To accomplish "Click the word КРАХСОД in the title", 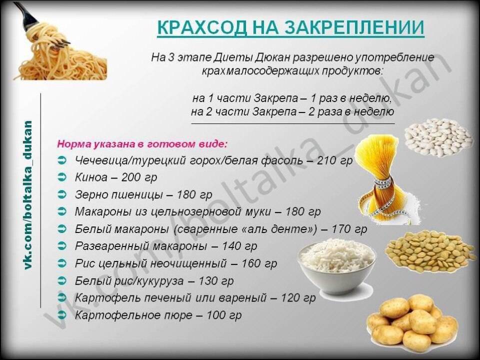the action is point(202,27).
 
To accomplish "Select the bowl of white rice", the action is point(336,266).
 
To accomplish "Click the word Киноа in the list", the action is point(91,177).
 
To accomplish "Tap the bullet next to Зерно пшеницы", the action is point(62,194).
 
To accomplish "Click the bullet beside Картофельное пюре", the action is point(62,314).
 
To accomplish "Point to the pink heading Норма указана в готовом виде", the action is point(142,144).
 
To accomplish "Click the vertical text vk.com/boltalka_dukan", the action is point(27,195).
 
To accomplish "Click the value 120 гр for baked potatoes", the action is point(298,297).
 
